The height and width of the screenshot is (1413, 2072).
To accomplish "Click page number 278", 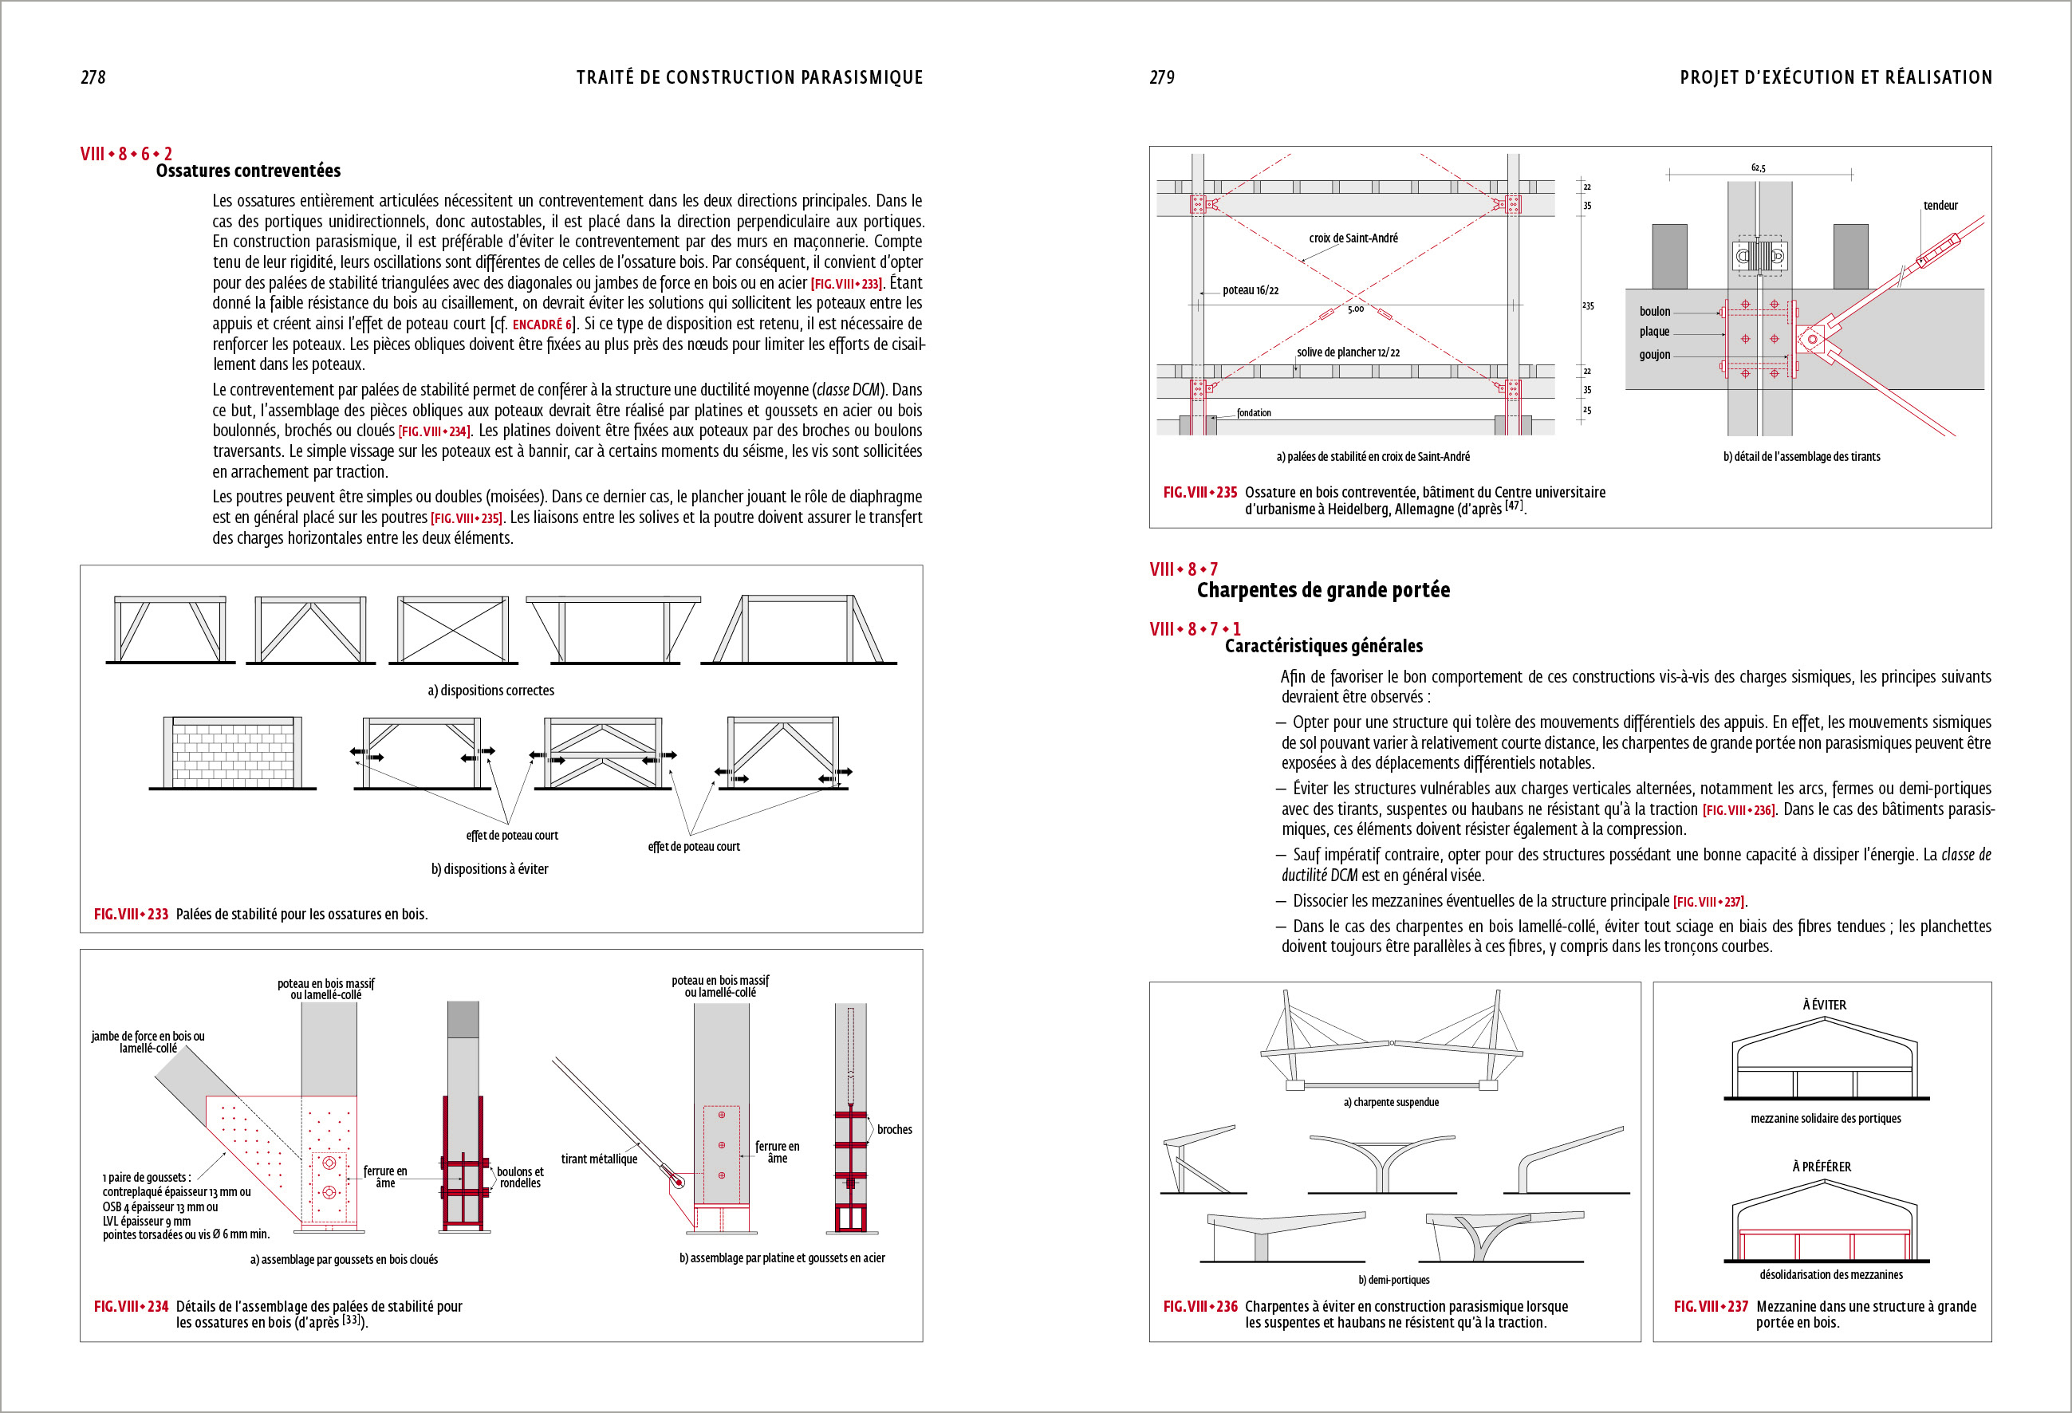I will (x=93, y=77).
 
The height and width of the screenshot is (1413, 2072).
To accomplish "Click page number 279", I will (x=1162, y=77).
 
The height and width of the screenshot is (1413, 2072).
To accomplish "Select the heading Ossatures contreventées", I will (x=248, y=171).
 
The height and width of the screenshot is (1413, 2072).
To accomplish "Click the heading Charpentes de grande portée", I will (x=1323, y=590).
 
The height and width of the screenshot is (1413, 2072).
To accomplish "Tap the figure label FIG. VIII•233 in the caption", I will (x=131, y=914).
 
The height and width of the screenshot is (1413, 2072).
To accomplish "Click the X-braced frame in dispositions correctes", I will (x=453, y=629).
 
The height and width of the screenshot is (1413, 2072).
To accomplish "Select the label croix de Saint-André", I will (x=1353, y=238).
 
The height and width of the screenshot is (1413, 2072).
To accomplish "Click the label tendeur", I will (x=1940, y=205).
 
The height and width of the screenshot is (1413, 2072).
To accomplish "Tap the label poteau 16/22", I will (x=1250, y=289).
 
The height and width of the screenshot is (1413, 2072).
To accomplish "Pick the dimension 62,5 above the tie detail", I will (x=1757, y=167).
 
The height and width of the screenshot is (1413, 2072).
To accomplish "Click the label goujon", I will (x=1655, y=355).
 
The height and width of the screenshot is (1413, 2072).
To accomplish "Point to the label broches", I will (x=894, y=1129).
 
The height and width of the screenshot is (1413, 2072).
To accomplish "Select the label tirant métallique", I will (x=599, y=1159).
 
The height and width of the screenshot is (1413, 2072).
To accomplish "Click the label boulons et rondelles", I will (x=520, y=1178).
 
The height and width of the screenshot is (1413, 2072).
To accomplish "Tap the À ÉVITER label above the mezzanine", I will (x=1824, y=1005).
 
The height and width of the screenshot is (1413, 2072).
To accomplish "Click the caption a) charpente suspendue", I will (x=1391, y=1102).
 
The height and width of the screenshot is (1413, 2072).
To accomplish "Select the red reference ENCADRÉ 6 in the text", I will (x=542, y=325).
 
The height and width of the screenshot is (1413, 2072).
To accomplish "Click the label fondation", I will (x=1254, y=413).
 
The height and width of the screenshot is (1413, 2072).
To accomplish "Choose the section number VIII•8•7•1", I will (x=1195, y=629).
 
